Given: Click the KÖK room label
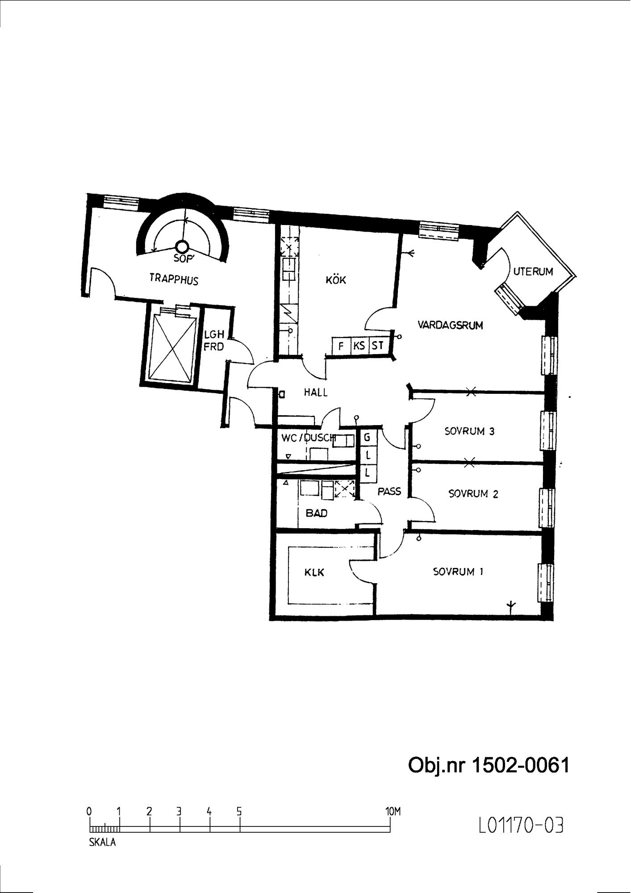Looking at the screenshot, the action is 336,280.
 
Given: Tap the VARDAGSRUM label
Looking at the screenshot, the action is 450,325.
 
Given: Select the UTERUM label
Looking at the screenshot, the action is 533,271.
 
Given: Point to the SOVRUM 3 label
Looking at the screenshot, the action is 469,431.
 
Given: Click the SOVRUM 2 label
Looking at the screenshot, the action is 473,494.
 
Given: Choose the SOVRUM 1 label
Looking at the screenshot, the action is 458,572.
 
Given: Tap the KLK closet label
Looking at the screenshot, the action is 314,572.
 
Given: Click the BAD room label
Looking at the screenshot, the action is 316,513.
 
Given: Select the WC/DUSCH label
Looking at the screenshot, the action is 308,438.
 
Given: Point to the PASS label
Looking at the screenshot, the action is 389,491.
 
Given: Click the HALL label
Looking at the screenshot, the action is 316,392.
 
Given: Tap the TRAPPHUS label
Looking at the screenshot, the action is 174,279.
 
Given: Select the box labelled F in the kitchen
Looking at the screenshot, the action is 341,346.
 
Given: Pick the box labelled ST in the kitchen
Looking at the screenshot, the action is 378,346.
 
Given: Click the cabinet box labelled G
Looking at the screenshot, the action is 368,438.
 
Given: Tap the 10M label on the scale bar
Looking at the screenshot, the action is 393,811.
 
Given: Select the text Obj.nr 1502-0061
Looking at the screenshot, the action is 489,765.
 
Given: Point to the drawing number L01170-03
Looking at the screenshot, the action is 521,825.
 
